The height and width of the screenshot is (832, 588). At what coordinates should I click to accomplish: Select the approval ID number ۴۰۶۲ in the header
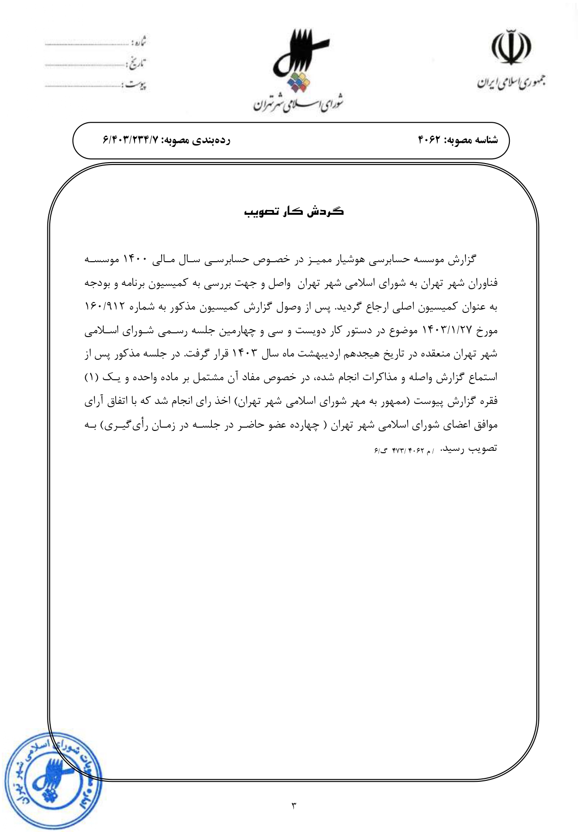coord(429,140)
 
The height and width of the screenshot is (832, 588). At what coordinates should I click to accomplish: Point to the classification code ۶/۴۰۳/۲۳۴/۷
coord(131,140)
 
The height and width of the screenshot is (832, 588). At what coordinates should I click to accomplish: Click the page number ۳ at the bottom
coord(293,805)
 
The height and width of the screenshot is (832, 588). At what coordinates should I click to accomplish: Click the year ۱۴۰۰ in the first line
coord(136,259)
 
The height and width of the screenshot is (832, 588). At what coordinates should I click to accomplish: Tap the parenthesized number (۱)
coord(91,377)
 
